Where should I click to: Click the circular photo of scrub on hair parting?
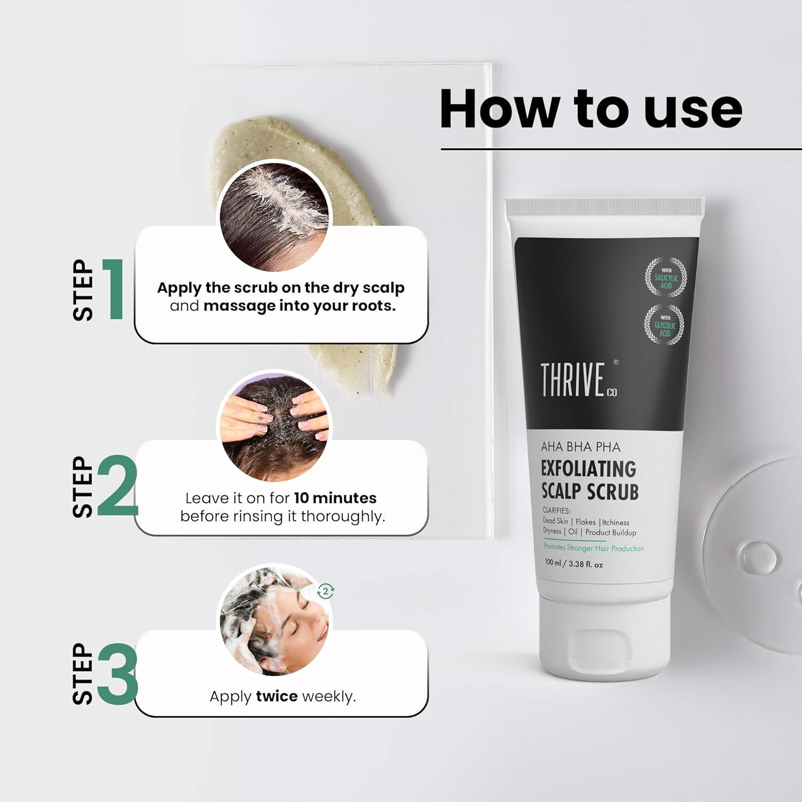274,217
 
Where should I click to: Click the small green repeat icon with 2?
326,591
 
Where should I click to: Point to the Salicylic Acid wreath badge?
666,277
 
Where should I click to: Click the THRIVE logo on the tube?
573,380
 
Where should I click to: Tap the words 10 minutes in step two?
335,498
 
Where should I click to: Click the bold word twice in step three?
276,696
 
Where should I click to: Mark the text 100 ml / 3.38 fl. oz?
573,564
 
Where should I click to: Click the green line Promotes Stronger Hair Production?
593,547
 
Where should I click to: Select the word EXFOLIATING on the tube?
588,468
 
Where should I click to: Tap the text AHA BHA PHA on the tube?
581,446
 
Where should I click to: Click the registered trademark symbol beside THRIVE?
616,362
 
